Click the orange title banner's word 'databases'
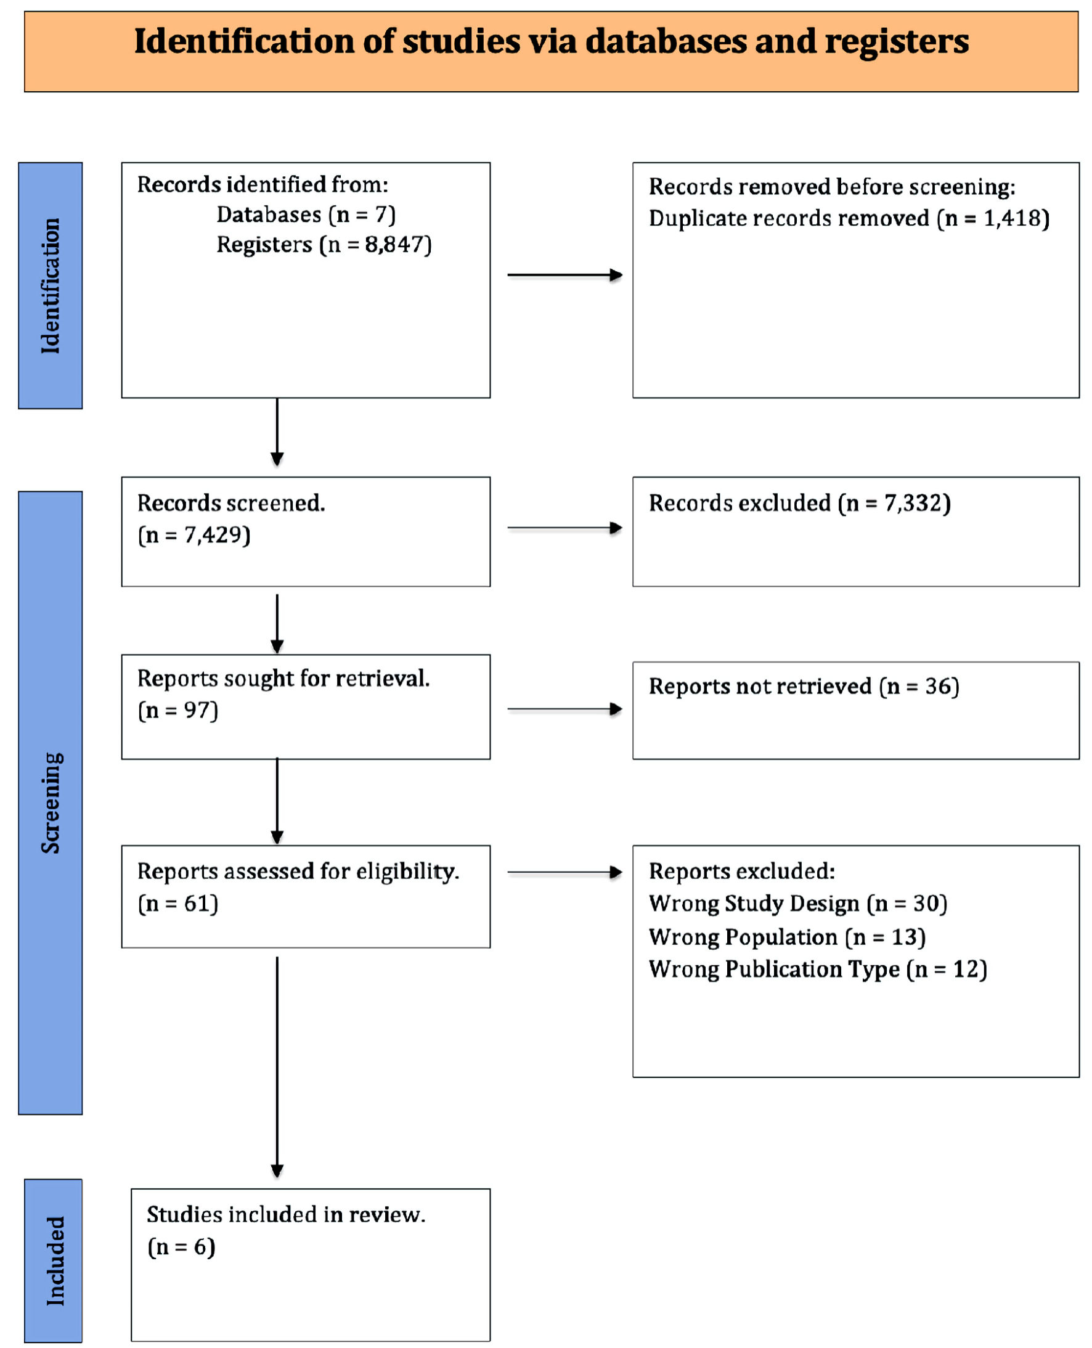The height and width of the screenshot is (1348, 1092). tap(665, 42)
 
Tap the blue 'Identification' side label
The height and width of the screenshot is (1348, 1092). tap(51, 285)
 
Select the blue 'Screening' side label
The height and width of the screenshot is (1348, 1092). tap(51, 803)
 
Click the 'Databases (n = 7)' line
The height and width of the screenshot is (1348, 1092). tap(306, 215)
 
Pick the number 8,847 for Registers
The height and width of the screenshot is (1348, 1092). tap(394, 244)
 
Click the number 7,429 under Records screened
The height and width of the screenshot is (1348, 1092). tap(213, 534)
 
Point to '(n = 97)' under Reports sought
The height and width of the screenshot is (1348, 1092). tap(178, 710)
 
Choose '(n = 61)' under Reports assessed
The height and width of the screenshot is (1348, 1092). tap(178, 903)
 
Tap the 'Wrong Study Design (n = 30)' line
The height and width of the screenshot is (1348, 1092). tap(797, 903)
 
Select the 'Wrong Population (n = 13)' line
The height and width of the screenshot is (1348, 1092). tap(787, 937)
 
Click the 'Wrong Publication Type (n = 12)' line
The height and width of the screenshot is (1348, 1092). tap(818, 970)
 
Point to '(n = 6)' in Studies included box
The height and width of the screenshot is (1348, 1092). tap(181, 1246)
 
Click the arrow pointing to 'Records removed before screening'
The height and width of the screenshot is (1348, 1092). tap(565, 275)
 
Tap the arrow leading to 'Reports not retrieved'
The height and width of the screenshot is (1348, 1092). tap(565, 709)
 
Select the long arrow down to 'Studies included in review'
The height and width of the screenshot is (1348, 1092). tap(277, 1068)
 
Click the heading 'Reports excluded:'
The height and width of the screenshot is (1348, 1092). tap(741, 871)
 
